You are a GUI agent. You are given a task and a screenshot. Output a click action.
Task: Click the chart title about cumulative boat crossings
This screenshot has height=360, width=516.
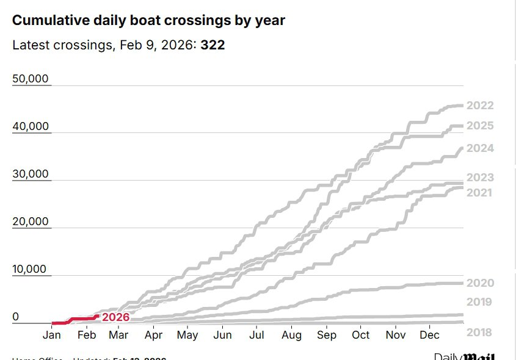[148, 20]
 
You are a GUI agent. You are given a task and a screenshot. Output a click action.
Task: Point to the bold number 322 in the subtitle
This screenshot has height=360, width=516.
[213, 45]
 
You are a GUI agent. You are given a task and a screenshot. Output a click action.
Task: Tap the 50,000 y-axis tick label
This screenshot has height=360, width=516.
[31, 79]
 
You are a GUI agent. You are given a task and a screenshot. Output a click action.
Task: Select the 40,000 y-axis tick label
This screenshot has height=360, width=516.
[31, 126]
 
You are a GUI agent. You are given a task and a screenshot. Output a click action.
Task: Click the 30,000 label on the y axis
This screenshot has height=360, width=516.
[31, 174]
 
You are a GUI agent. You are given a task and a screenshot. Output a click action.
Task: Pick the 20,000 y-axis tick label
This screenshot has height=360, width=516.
[31, 221]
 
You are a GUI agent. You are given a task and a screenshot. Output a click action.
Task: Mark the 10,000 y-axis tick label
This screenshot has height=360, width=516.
[31, 269]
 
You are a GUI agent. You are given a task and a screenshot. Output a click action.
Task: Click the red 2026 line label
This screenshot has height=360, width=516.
[115, 317]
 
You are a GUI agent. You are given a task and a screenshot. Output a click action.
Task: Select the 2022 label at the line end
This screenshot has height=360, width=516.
[480, 106]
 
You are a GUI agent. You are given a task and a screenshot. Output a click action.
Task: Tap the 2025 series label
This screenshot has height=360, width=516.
[480, 126]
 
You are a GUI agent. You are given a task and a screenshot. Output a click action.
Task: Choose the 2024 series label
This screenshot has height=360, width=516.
[480, 148]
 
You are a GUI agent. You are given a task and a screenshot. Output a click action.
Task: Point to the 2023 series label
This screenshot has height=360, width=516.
[480, 178]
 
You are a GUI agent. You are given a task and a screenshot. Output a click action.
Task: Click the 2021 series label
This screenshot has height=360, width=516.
[480, 193]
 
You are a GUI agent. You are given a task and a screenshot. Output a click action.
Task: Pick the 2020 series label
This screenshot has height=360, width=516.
[480, 283]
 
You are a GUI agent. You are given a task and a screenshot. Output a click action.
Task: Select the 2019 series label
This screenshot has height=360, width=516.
[480, 302]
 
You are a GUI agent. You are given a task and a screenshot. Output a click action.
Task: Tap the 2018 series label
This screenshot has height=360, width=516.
[480, 333]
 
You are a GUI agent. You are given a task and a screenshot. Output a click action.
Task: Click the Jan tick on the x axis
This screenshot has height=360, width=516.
[52, 336]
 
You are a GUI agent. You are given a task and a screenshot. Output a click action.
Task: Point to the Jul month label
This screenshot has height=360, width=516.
[256, 336]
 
